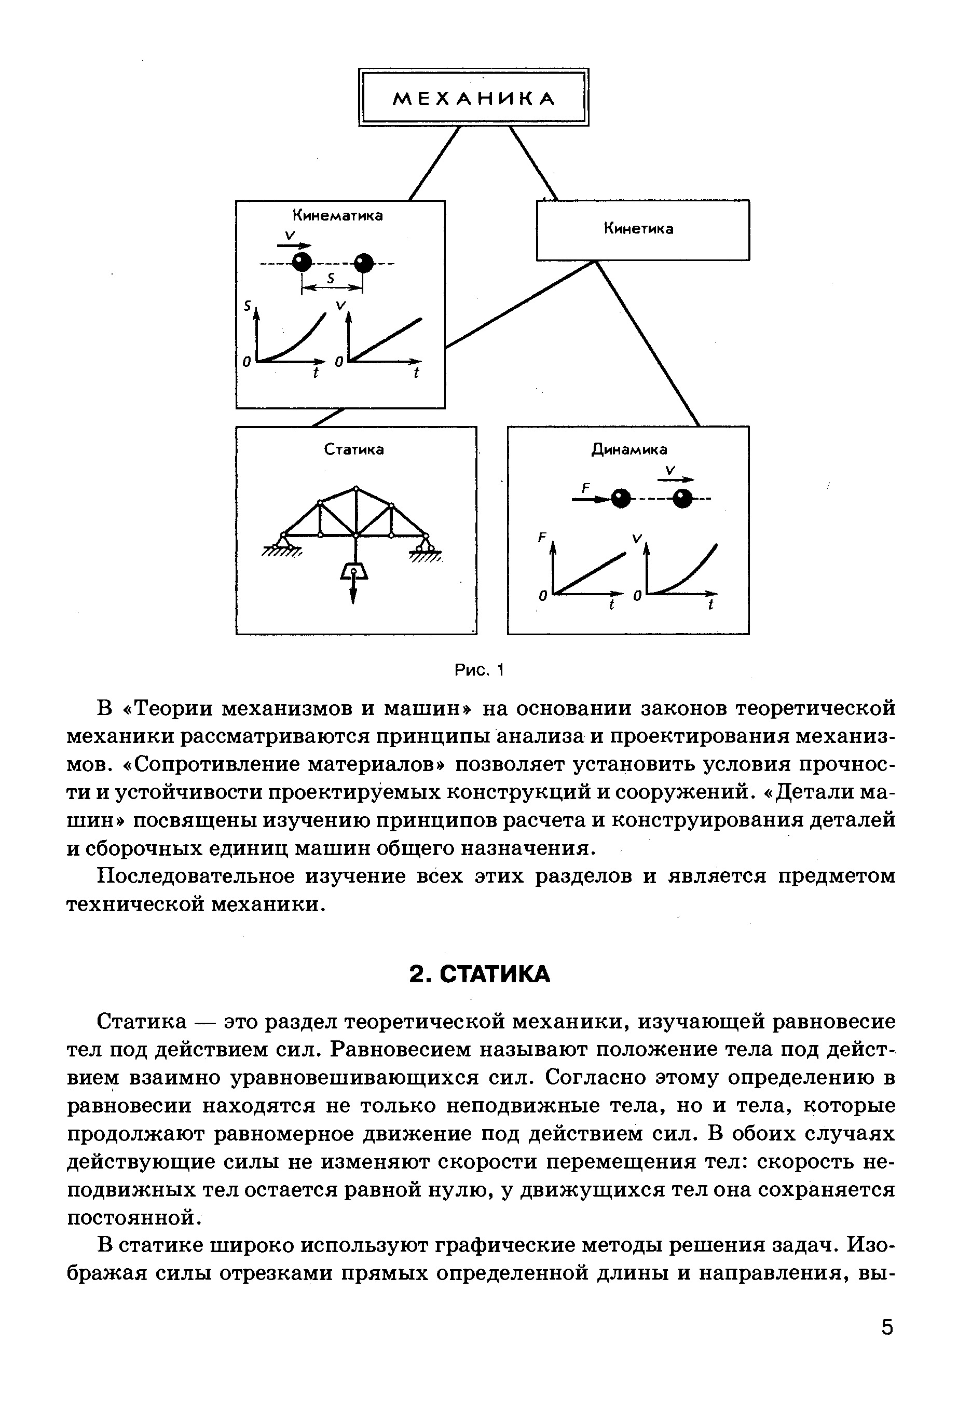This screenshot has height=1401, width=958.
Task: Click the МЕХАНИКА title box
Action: (473, 97)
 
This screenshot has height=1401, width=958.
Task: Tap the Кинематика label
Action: (338, 215)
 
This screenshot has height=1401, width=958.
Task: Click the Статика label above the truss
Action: (354, 450)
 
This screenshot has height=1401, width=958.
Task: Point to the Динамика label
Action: (629, 449)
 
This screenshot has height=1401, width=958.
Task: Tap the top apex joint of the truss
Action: (357, 489)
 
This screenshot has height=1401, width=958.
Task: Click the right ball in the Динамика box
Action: (682, 499)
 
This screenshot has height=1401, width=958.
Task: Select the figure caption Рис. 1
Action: (478, 670)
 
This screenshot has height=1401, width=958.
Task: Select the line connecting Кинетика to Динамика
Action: (648, 344)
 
